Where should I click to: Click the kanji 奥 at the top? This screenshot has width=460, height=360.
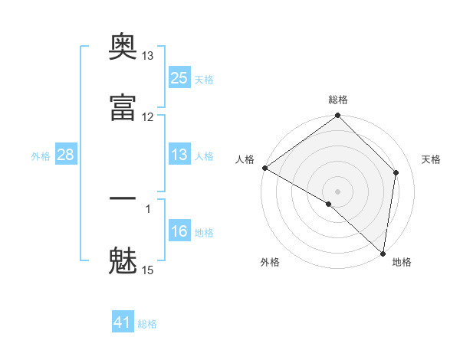[x=123, y=46]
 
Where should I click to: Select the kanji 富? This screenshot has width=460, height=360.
[x=123, y=107]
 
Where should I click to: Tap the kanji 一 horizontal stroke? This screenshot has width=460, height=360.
[x=123, y=198]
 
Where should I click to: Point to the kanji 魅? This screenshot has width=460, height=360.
[x=123, y=260]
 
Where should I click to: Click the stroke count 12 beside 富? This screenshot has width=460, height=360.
[x=147, y=117]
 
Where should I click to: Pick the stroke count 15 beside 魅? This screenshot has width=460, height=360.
[x=147, y=270]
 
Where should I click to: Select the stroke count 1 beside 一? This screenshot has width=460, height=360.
[x=148, y=209]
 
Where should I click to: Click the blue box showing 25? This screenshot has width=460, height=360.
[x=179, y=77]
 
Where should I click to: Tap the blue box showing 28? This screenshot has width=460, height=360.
[x=66, y=154]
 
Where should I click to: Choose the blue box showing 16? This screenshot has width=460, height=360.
[x=179, y=230]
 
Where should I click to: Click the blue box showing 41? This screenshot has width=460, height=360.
[x=123, y=321]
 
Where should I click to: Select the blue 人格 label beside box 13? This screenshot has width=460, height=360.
[x=204, y=156]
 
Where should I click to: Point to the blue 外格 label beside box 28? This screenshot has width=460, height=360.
[x=41, y=156]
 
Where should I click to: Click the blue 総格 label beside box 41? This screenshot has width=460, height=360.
[x=147, y=324]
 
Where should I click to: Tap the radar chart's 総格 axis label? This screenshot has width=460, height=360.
[x=338, y=100]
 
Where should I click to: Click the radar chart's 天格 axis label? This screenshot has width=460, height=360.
[x=431, y=159]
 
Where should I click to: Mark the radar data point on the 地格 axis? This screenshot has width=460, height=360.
[x=383, y=254]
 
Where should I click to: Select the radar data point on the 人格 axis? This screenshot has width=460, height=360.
[x=265, y=168]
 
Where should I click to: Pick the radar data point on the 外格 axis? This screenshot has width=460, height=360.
[x=329, y=204]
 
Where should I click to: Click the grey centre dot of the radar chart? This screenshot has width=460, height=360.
[x=337, y=191]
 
